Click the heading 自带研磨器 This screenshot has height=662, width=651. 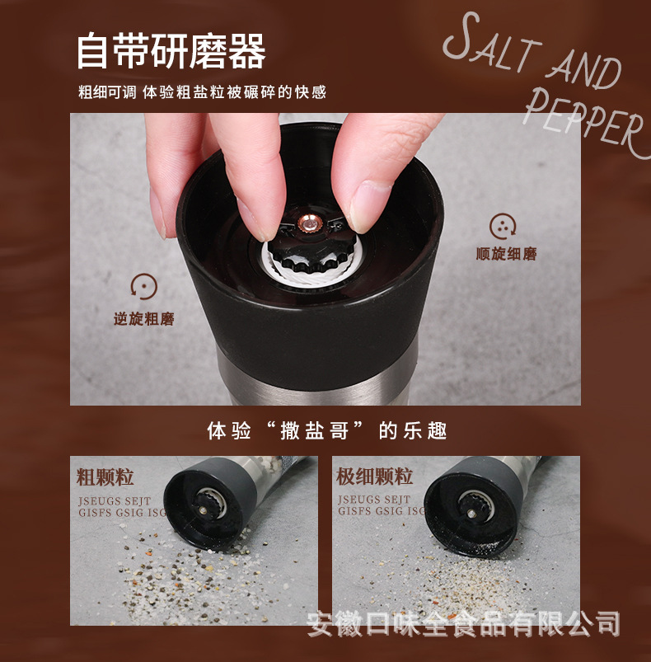(x=171, y=51)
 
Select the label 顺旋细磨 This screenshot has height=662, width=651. (x=506, y=254)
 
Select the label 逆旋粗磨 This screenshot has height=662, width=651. (x=144, y=319)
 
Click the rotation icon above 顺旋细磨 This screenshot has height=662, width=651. (x=503, y=225)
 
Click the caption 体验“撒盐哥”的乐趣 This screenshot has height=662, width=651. (x=326, y=430)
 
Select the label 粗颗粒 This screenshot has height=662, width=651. (x=105, y=477)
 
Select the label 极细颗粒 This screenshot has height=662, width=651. (x=374, y=477)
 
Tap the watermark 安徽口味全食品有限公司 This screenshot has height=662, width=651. (x=462, y=622)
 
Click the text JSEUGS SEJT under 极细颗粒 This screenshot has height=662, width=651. (x=373, y=500)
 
